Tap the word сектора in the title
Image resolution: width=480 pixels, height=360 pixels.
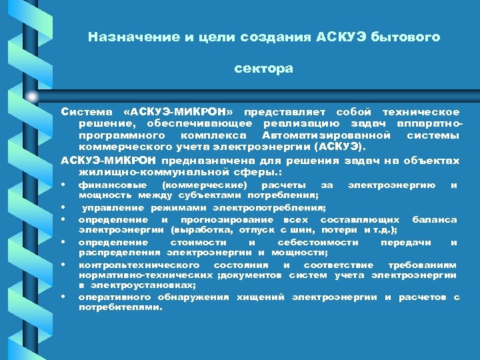[x=263, y=69]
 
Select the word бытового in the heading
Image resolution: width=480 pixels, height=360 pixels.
[x=407, y=37]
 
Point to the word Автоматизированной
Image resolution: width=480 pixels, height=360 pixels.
[x=315, y=135]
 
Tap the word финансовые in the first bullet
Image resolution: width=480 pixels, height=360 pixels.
[x=107, y=185]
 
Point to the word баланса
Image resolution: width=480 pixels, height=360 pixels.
[x=435, y=220]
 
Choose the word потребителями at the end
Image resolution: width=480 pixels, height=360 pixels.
[x=120, y=308]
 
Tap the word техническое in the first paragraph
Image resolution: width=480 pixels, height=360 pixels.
[x=421, y=111]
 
